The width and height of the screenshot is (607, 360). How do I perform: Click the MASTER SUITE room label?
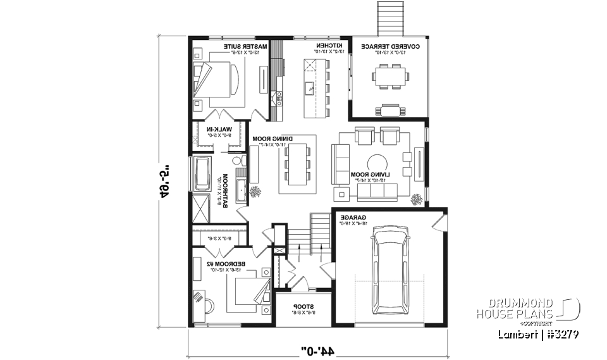coord(246,47)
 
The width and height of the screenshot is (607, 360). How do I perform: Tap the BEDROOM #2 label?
coord(221,263)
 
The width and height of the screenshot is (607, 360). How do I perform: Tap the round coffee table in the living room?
coord(379,162)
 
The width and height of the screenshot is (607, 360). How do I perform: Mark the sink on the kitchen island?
coord(309,87)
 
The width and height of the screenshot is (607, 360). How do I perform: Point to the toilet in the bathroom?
coord(238,162)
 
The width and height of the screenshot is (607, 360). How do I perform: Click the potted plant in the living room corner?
coord(417,200)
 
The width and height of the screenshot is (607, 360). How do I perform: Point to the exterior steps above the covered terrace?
coord(390,17)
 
